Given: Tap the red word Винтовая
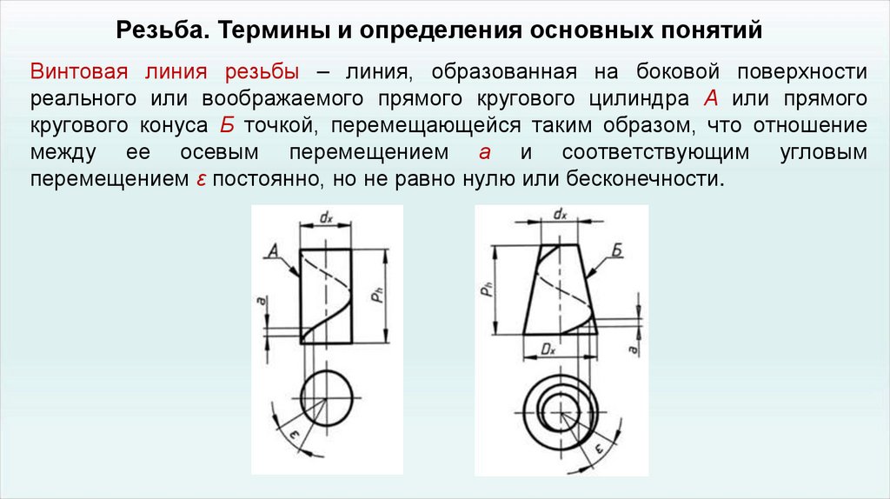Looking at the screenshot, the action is (76, 71).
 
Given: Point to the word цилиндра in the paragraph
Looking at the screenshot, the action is (638, 97).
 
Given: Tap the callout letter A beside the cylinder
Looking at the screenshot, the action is (272, 250).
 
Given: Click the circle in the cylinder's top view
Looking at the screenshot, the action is (326, 399).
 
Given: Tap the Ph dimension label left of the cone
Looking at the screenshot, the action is (488, 290).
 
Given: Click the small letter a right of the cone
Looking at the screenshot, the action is (634, 349).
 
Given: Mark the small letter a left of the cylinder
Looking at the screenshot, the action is (261, 301).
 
